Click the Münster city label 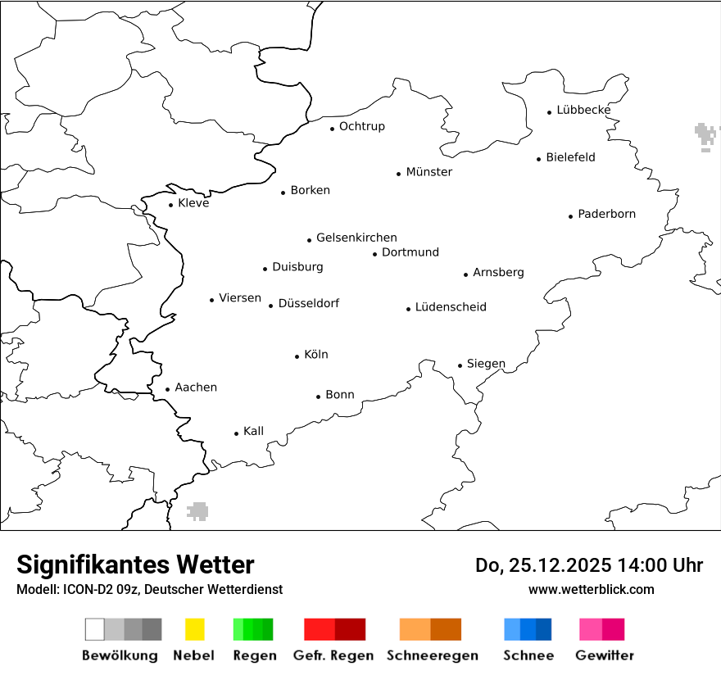tap(429, 172)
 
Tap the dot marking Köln tap(297, 356)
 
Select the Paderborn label tap(606, 214)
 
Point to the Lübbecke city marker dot tap(550, 112)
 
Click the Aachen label tap(196, 388)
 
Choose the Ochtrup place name tap(361, 126)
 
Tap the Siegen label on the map tap(486, 364)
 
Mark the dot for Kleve tap(171, 205)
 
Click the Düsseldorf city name tap(308, 303)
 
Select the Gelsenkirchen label tap(356, 238)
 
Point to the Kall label tap(253, 431)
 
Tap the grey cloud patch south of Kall tap(197, 511)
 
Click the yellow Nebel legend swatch tap(195, 629)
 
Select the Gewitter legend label tap(604, 655)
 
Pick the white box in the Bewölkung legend tap(95, 629)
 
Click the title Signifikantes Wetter tap(135, 564)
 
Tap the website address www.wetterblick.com tap(591, 589)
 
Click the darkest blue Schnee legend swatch tap(544, 629)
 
